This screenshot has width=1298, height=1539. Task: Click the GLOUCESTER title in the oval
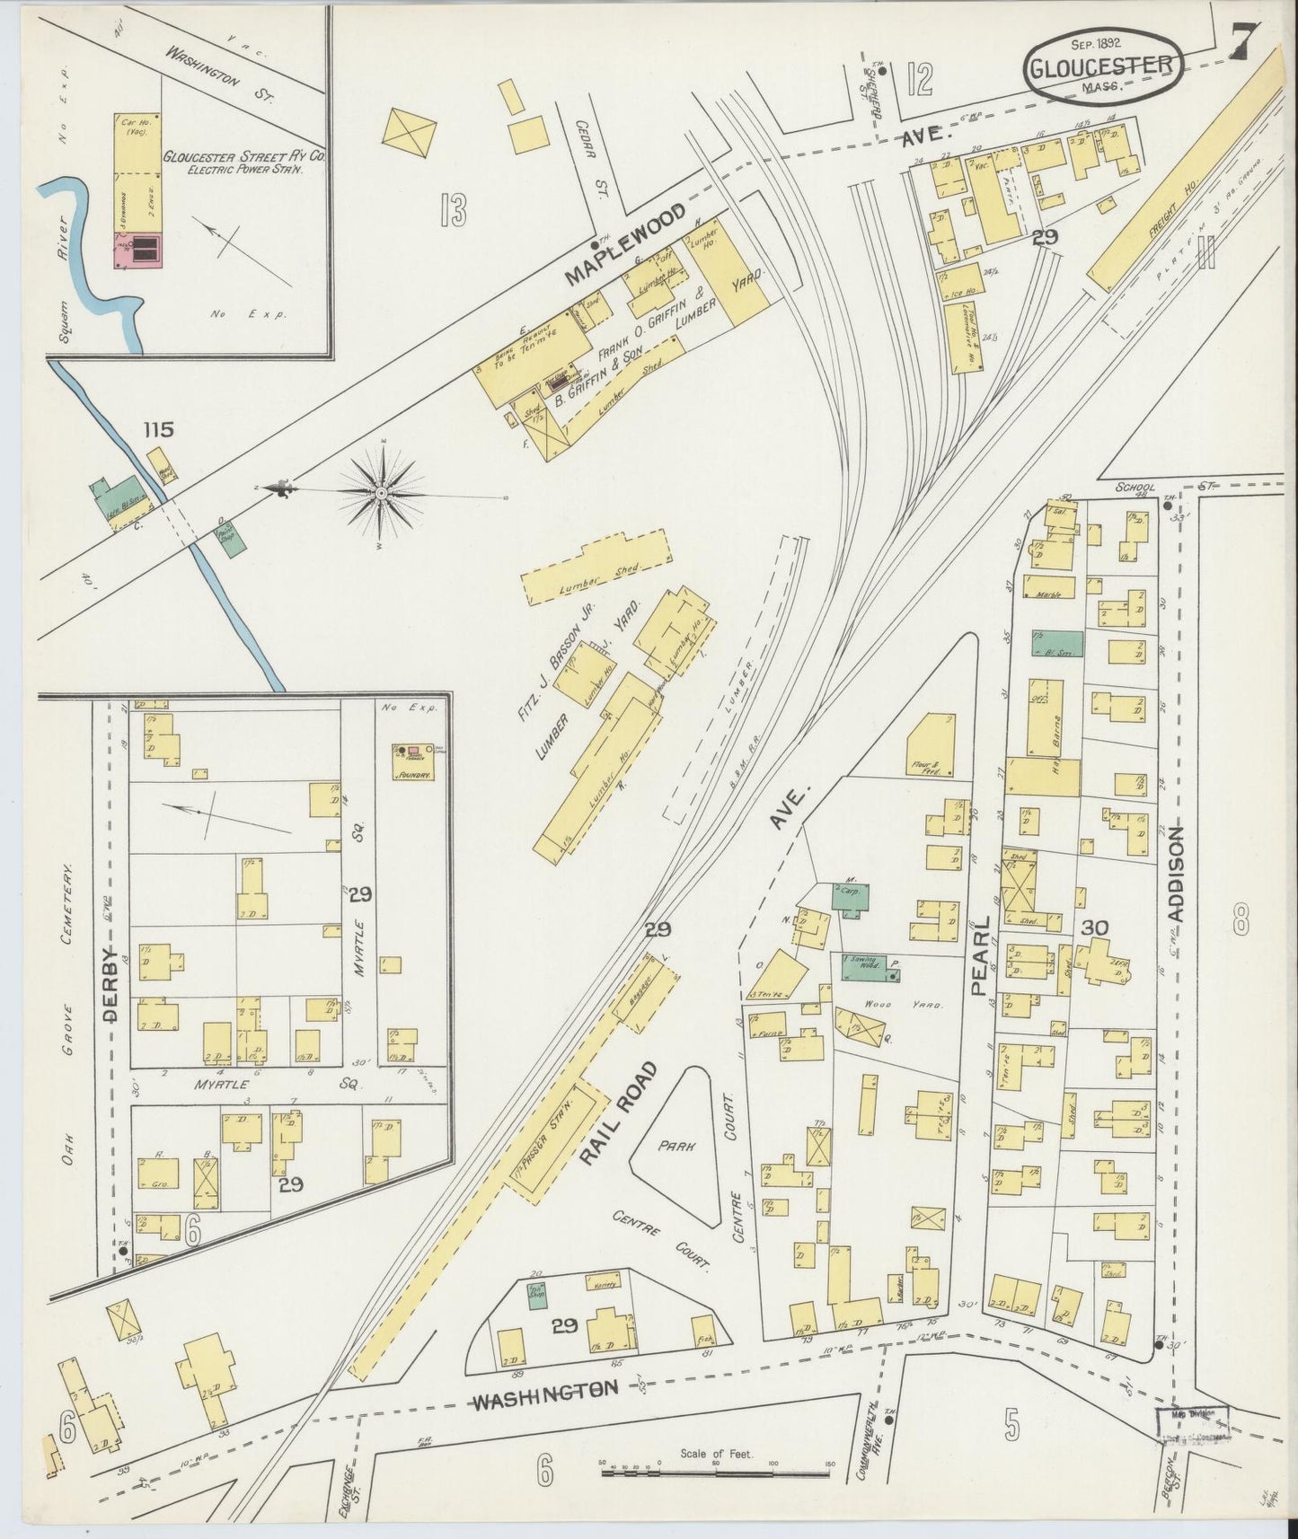[x=1099, y=66]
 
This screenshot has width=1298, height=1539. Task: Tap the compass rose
[x=382, y=493]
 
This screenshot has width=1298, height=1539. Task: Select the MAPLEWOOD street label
[x=627, y=243]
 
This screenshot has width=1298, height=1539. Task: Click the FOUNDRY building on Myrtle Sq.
[x=412, y=762]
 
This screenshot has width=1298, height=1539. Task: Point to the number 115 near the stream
[x=157, y=430]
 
